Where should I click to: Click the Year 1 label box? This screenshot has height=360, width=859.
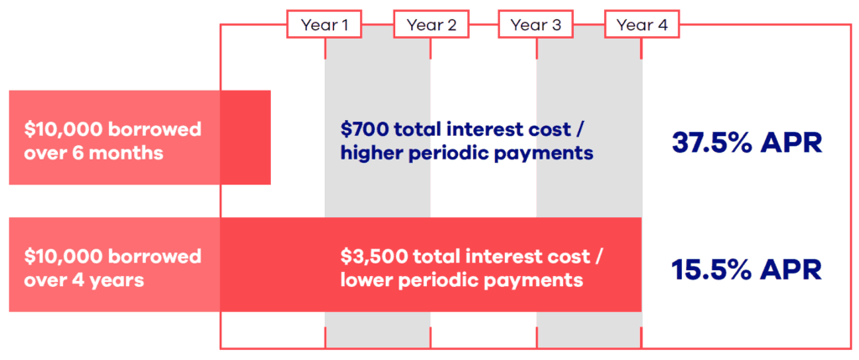pos(325,25)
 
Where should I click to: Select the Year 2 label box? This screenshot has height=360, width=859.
pos(430,25)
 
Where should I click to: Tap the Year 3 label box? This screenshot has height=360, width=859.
pos(535,25)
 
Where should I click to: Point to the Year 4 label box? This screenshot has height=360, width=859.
pos(642,25)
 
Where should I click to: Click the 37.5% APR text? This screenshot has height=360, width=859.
pos(747,142)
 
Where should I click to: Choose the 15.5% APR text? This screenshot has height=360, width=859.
pos(747,269)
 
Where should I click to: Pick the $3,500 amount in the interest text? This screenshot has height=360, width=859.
pos(372,257)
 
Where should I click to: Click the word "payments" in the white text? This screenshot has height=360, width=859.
pos(539,280)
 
